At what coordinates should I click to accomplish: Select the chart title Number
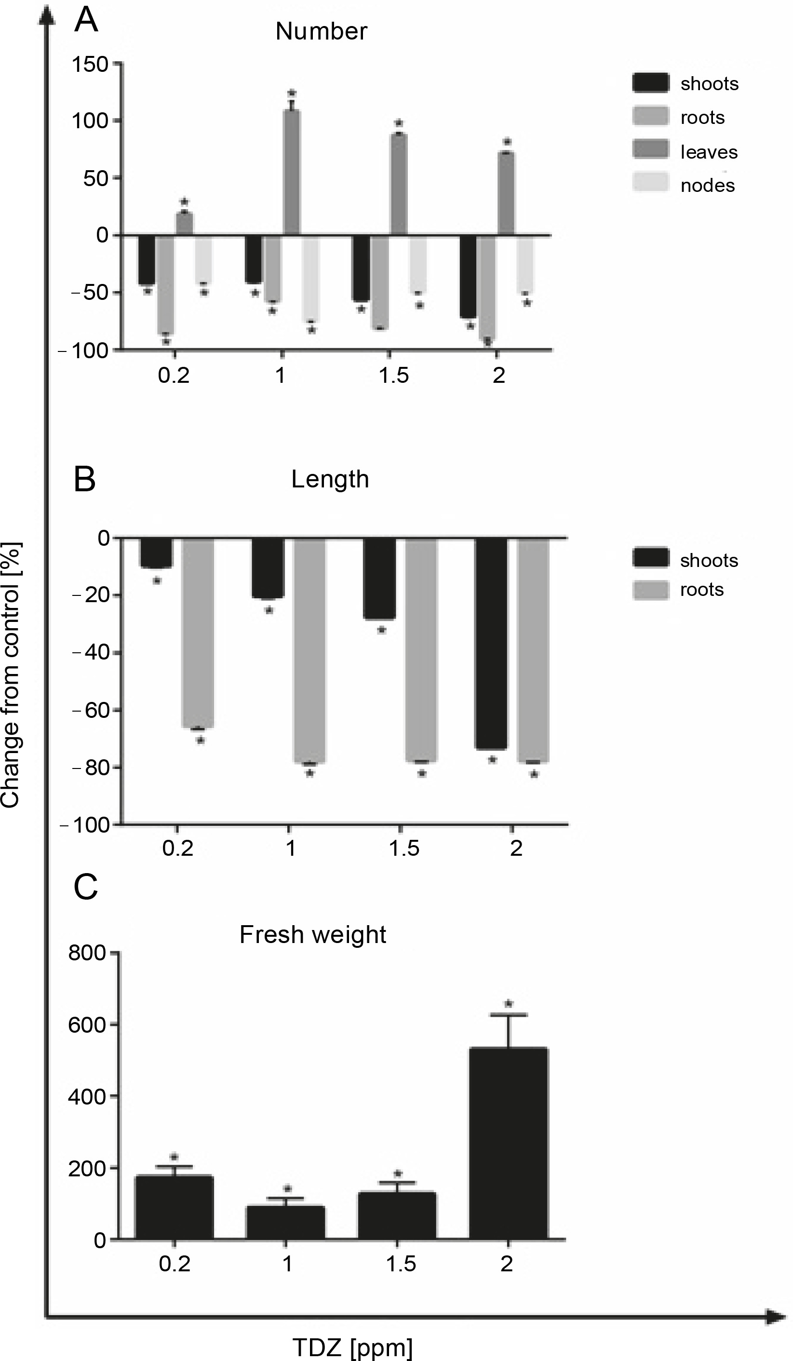[321, 31]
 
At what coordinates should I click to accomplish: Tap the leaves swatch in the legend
[650, 149]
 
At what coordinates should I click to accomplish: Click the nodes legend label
[707, 185]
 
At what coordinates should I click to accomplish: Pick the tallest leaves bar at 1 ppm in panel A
[292, 173]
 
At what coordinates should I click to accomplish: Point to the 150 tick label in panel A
[90, 65]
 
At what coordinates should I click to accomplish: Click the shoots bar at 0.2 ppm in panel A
[147, 260]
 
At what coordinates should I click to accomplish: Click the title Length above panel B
[330, 479]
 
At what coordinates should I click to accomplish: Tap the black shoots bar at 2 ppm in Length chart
[491, 643]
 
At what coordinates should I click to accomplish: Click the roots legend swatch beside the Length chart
[650, 590]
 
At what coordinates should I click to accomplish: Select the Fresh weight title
[313, 935]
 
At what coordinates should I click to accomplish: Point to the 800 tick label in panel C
[86, 953]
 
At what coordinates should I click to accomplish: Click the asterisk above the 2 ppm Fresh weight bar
[508, 1003]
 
